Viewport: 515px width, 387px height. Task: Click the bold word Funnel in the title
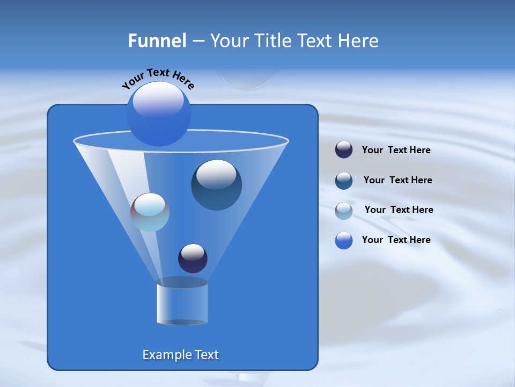coord(157,41)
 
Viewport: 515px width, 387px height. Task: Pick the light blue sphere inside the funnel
coord(150,212)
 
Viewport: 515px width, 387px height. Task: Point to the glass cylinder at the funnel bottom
coord(182,304)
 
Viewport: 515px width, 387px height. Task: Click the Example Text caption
coord(181,355)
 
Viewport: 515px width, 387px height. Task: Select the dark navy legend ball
coord(344,150)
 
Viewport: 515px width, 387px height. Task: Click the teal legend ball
coord(344,181)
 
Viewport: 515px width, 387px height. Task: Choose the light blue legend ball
coord(344,211)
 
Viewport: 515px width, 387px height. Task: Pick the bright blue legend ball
coord(344,240)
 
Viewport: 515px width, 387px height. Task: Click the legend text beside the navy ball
coord(396,150)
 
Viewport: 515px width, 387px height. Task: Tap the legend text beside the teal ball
coord(398,181)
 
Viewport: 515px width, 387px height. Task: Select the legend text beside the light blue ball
coord(399,210)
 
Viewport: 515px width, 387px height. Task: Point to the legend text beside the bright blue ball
coord(396,240)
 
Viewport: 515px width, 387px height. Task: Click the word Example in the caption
coord(163,355)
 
